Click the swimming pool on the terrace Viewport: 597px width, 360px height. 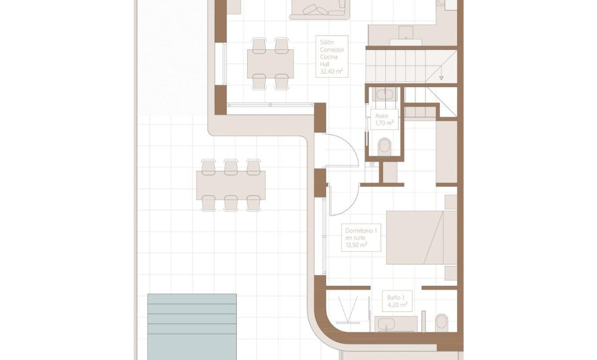(192, 326)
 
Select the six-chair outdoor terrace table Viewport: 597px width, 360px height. (231, 185)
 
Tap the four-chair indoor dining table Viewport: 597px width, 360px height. (270, 63)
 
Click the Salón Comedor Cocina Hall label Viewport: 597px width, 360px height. (332, 56)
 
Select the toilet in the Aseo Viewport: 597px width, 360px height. (385, 145)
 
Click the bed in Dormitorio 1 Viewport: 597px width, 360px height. (421, 237)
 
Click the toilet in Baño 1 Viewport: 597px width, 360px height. (442, 322)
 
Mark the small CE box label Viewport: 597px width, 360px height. (373, 165)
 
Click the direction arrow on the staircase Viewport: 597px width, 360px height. (440, 78)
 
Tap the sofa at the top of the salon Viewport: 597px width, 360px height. (319, 10)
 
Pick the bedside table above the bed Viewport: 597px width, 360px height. (451, 202)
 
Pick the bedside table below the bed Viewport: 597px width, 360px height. (451, 273)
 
